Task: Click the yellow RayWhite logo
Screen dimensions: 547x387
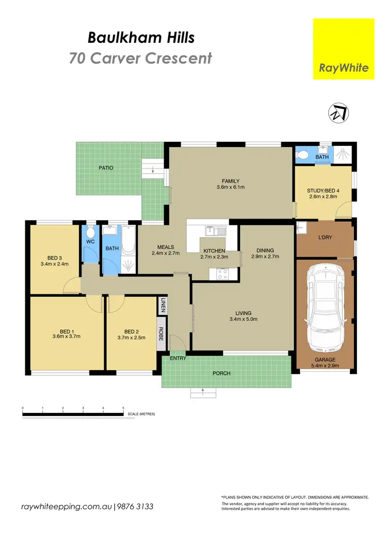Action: coord(344,49)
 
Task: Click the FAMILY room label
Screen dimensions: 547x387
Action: coord(230,181)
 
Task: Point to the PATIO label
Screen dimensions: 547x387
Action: coord(106,168)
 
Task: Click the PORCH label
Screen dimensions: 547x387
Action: coord(222,373)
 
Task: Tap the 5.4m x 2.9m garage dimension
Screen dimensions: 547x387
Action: coord(326,365)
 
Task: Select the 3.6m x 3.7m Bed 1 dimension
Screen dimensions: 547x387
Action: coord(66,336)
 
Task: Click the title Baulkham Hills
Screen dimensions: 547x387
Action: coord(141,37)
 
